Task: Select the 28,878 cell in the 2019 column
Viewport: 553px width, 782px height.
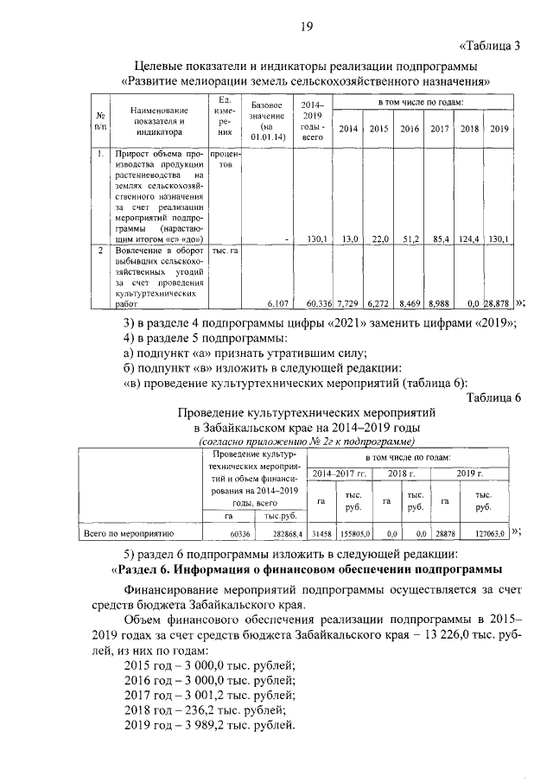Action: (x=498, y=303)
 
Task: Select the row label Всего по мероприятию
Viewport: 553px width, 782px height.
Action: (x=128, y=534)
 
